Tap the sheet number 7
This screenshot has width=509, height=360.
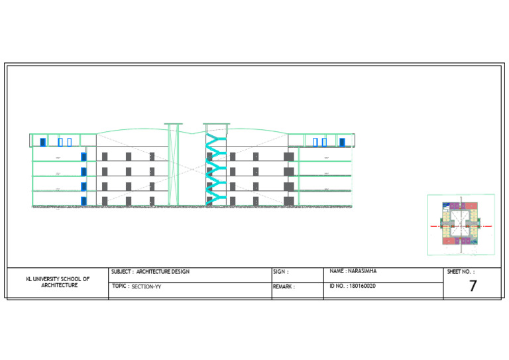(473, 286)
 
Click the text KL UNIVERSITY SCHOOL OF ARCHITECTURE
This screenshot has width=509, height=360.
(58, 282)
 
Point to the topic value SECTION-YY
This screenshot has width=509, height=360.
(146, 287)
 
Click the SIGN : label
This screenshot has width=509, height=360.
(280, 272)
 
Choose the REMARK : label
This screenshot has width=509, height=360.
(284, 287)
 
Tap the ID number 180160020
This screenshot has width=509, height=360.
(362, 286)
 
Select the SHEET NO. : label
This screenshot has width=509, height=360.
(461, 272)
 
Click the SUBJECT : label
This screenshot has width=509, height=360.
(122, 272)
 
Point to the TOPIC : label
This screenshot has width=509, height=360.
(120, 286)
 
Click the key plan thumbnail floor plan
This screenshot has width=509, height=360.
(461, 225)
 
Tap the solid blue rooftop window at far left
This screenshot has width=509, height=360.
(42, 142)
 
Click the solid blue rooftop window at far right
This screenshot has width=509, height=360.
(342, 142)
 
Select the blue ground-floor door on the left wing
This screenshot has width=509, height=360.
(84, 201)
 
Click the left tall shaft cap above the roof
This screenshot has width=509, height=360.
(174, 124)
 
